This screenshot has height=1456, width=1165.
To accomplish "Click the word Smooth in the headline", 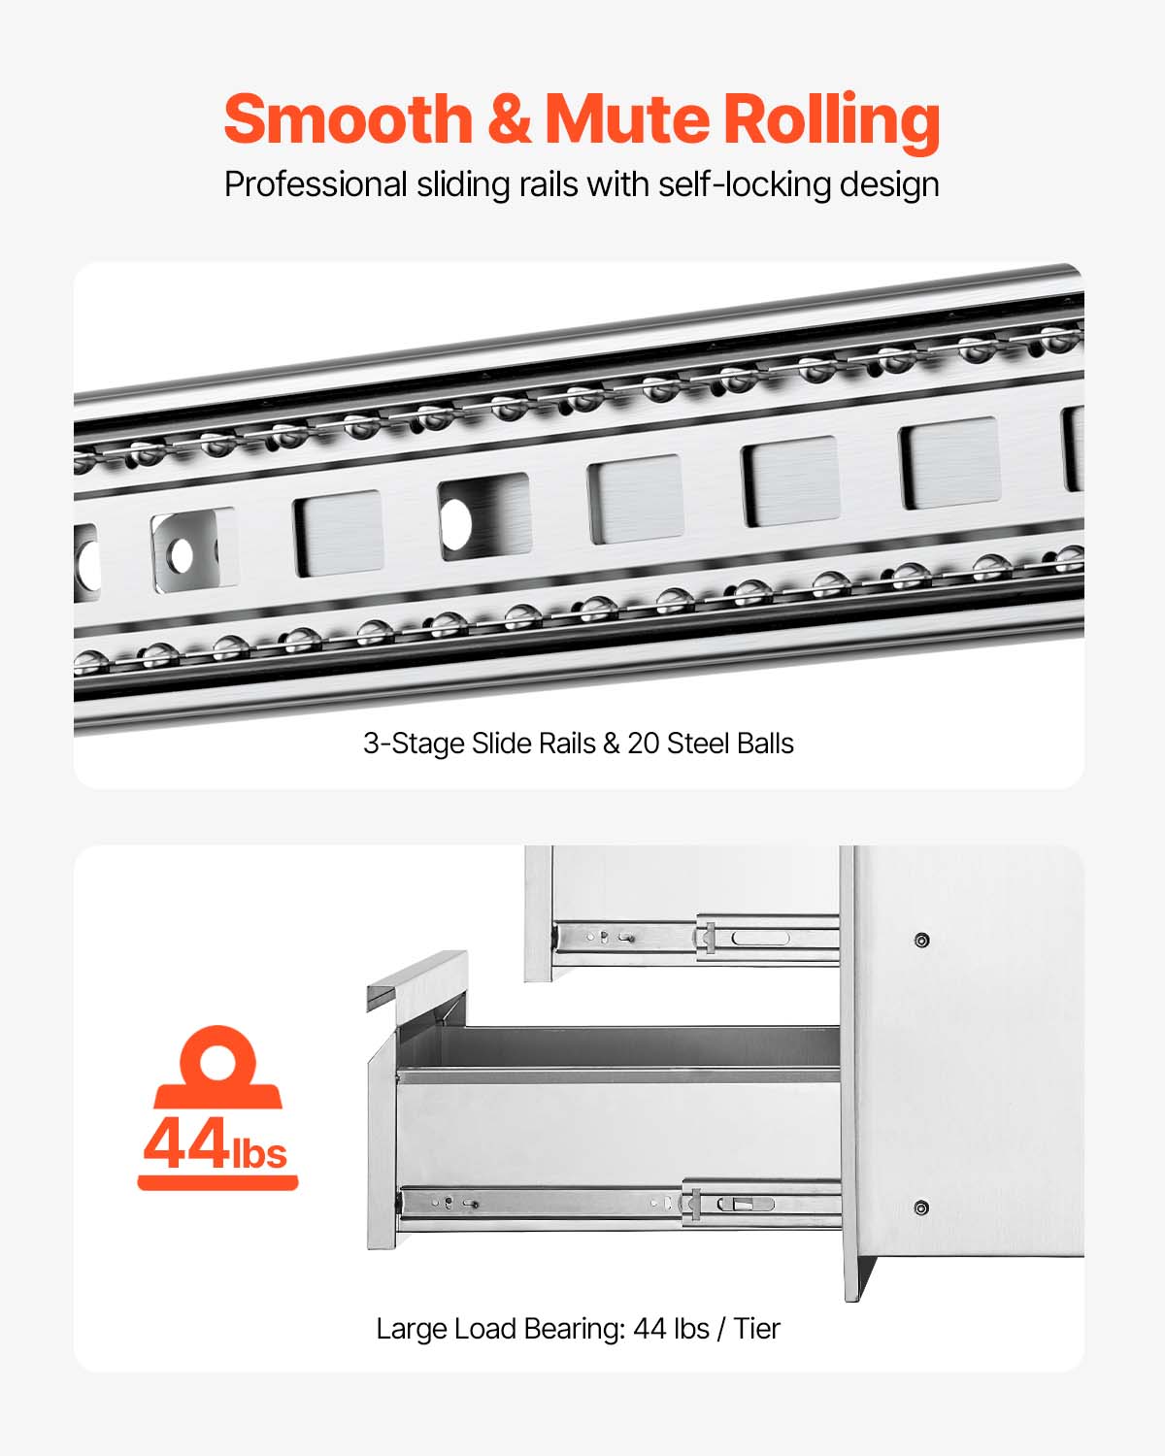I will pyautogui.click(x=347, y=119).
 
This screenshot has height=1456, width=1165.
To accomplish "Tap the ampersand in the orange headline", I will pyautogui.click(x=509, y=119).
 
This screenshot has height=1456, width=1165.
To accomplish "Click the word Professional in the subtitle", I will pyautogui.click(x=316, y=184).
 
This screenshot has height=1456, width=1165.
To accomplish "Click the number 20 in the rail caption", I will pyautogui.click(x=643, y=744).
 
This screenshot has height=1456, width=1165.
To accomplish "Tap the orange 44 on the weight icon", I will pyautogui.click(x=185, y=1144).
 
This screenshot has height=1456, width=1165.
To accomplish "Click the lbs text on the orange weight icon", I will pyautogui.click(x=259, y=1153).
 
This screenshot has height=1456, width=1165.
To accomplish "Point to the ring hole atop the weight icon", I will pyautogui.click(x=217, y=1056).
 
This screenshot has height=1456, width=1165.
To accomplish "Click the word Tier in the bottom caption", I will pyautogui.click(x=756, y=1328).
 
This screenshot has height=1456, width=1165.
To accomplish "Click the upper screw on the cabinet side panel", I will pyautogui.click(x=921, y=940).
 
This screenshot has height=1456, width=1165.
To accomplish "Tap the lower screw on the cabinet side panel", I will pyautogui.click(x=921, y=1208).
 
